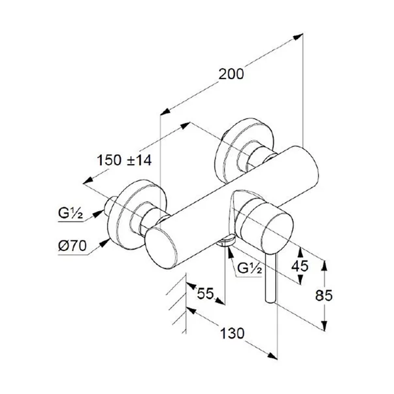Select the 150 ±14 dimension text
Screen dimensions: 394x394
(x=124, y=159)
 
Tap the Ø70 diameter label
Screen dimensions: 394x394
(x=73, y=248)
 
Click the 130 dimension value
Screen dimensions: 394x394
(x=232, y=333)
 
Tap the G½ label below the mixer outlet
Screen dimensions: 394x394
(x=250, y=267)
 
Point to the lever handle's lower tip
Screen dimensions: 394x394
(x=269, y=299)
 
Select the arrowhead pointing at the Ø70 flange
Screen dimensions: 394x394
(x=105, y=243)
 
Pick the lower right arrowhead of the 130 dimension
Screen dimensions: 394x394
(x=274, y=355)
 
